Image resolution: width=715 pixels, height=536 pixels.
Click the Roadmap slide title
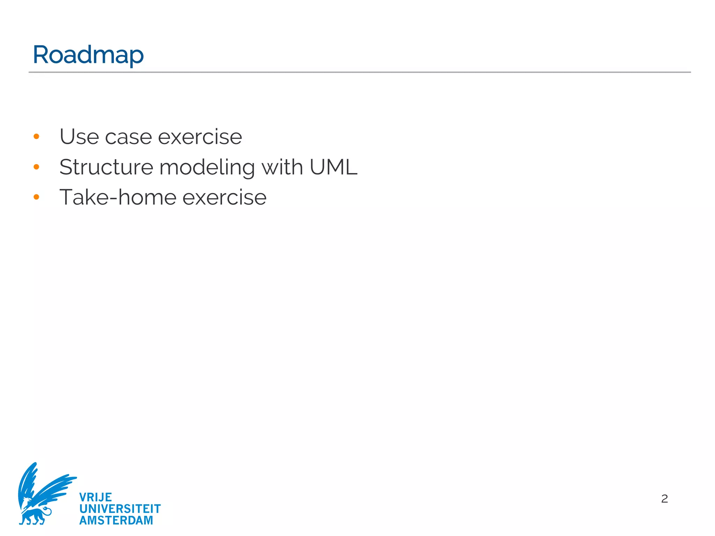point(88,55)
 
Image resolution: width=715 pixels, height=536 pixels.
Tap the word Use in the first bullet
point(79,137)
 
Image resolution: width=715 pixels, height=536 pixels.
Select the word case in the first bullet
point(128,137)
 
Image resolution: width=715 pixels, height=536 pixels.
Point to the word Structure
point(106,167)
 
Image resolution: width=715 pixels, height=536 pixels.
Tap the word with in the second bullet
point(282,167)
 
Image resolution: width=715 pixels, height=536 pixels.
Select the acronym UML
point(333,167)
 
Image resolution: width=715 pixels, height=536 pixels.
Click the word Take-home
point(118,198)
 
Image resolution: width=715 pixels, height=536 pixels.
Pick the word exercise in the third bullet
point(224,198)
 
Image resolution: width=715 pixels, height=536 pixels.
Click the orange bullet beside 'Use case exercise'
point(36,136)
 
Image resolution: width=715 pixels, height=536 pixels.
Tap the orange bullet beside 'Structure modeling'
point(36,167)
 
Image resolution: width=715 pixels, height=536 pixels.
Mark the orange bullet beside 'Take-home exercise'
point(36,197)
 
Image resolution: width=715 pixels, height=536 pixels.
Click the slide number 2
point(664,499)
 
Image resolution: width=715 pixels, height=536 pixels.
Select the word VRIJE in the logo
point(95,497)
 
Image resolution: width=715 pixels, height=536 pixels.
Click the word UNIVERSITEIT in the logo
point(120,509)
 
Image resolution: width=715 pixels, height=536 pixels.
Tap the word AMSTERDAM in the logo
point(116,520)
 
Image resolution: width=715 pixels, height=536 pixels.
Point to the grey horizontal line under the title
point(360,72)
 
